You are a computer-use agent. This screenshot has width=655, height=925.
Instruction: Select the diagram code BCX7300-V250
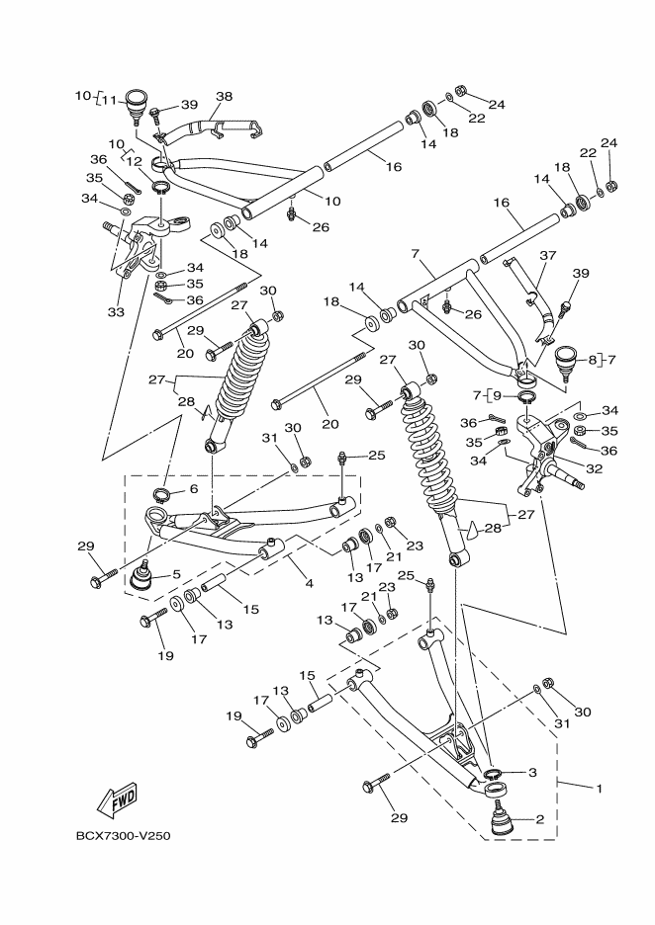124,836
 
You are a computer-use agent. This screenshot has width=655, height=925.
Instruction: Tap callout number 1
598,788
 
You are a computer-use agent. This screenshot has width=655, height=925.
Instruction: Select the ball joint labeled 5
141,576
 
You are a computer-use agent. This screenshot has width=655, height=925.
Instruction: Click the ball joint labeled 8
568,360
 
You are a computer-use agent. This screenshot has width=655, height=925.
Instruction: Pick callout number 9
525,395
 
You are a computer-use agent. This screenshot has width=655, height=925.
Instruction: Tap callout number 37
548,255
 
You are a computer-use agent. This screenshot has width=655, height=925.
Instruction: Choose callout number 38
224,97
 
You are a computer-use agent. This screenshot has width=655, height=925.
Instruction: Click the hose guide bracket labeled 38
218,127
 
